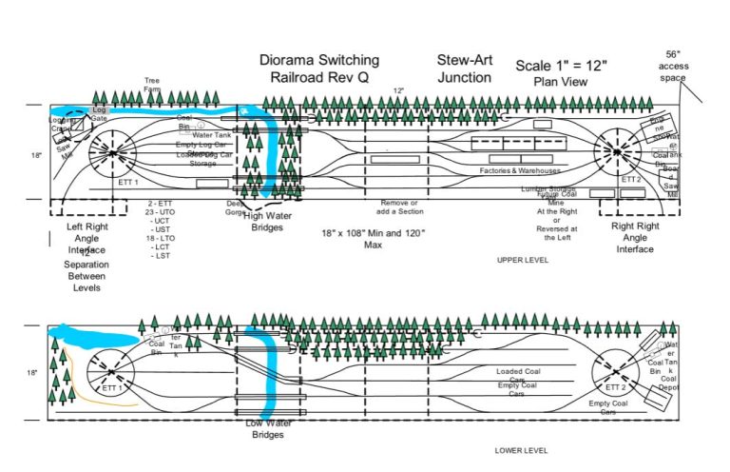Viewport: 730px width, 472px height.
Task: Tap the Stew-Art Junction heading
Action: click(x=464, y=69)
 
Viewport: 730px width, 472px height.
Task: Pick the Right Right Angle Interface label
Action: click(x=634, y=237)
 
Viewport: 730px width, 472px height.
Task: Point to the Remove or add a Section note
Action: click(x=399, y=208)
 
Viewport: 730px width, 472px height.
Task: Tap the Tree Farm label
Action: click(x=152, y=85)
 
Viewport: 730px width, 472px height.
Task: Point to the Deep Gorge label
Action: click(x=236, y=208)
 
